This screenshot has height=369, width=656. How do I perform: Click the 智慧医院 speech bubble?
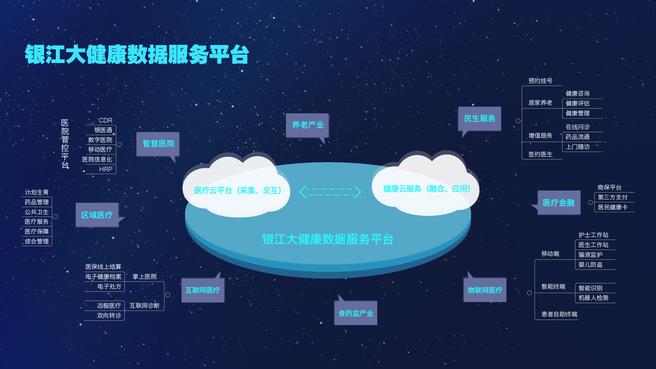click(x=158, y=144)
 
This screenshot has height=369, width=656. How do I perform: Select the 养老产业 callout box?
click(x=307, y=125)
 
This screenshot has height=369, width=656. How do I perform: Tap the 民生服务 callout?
click(x=479, y=119)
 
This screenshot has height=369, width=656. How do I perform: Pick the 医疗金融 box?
click(x=559, y=203)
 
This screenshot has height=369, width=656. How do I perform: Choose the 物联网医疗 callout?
click(x=485, y=290)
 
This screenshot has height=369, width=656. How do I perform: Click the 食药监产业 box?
click(x=355, y=313)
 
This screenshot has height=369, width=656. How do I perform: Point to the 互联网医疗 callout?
click(x=203, y=290)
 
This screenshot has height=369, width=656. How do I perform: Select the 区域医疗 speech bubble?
click(x=97, y=215)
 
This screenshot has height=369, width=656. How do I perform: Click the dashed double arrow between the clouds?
click(x=330, y=192)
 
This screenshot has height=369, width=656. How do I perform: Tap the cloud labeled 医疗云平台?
click(x=237, y=190)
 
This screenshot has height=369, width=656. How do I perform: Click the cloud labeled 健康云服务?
click(x=426, y=189)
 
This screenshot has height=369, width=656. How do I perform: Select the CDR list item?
click(x=105, y=121)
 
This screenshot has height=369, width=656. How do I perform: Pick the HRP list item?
click(x=106, y=169)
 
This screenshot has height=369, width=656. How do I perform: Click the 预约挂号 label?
click(x=540, y=81)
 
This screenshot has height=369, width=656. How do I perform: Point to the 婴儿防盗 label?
click(x=590, y=265)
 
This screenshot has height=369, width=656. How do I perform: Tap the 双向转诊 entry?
click(x=109, y=316)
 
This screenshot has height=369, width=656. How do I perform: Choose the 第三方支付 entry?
click(x=612, y=197)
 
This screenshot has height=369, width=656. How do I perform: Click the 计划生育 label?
click(x=37, y=192)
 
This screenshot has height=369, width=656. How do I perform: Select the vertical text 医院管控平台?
click(x=65, y=144)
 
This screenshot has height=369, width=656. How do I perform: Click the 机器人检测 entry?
click(x=593, y=298)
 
